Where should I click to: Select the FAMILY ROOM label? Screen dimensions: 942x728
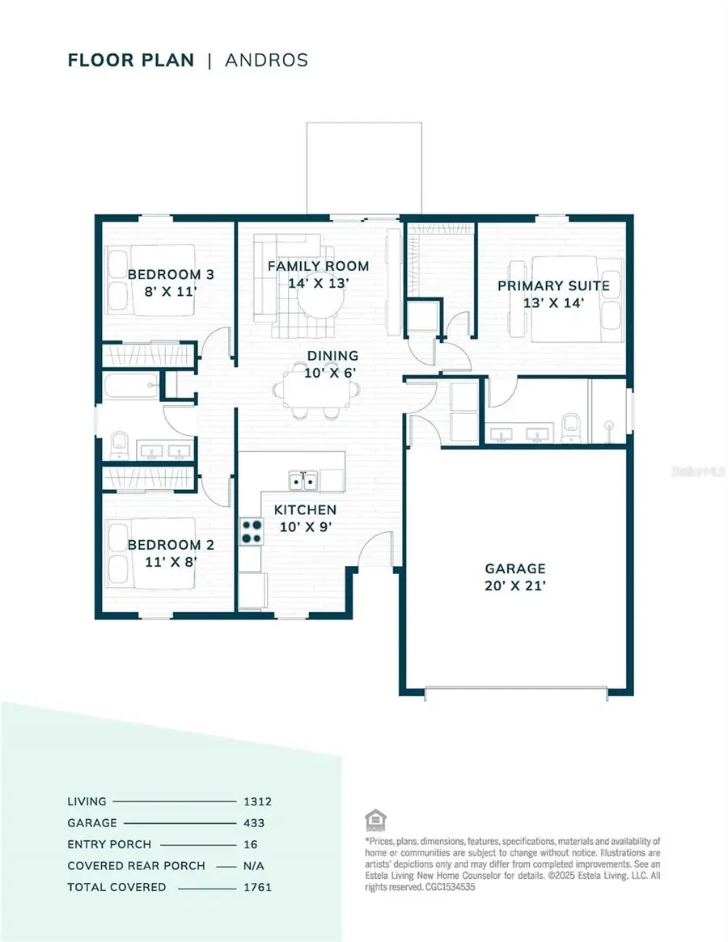(318, 266)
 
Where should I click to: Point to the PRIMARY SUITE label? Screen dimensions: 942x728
(553, 286)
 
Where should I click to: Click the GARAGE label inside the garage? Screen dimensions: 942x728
(514, 568)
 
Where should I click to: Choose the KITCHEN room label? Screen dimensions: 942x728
(305, 510)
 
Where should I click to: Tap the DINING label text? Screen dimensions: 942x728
(332, 356)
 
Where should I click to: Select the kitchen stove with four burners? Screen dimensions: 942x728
(252, 530)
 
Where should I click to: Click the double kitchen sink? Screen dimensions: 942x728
(304, 482)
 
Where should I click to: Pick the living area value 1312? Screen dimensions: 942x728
(257, 802)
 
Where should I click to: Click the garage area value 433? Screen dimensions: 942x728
(253, 823)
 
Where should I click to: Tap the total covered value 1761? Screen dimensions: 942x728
(257, 887)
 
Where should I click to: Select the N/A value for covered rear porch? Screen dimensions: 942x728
(255, 866)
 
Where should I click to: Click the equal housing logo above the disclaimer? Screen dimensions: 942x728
(374, 819)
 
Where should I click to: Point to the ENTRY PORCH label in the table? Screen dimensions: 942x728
(109, 844)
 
